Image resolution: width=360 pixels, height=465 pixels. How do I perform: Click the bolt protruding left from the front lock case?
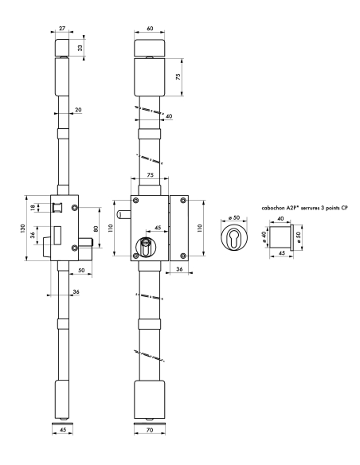point(123,214)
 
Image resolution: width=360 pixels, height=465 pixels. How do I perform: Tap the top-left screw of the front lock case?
point(135,200)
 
